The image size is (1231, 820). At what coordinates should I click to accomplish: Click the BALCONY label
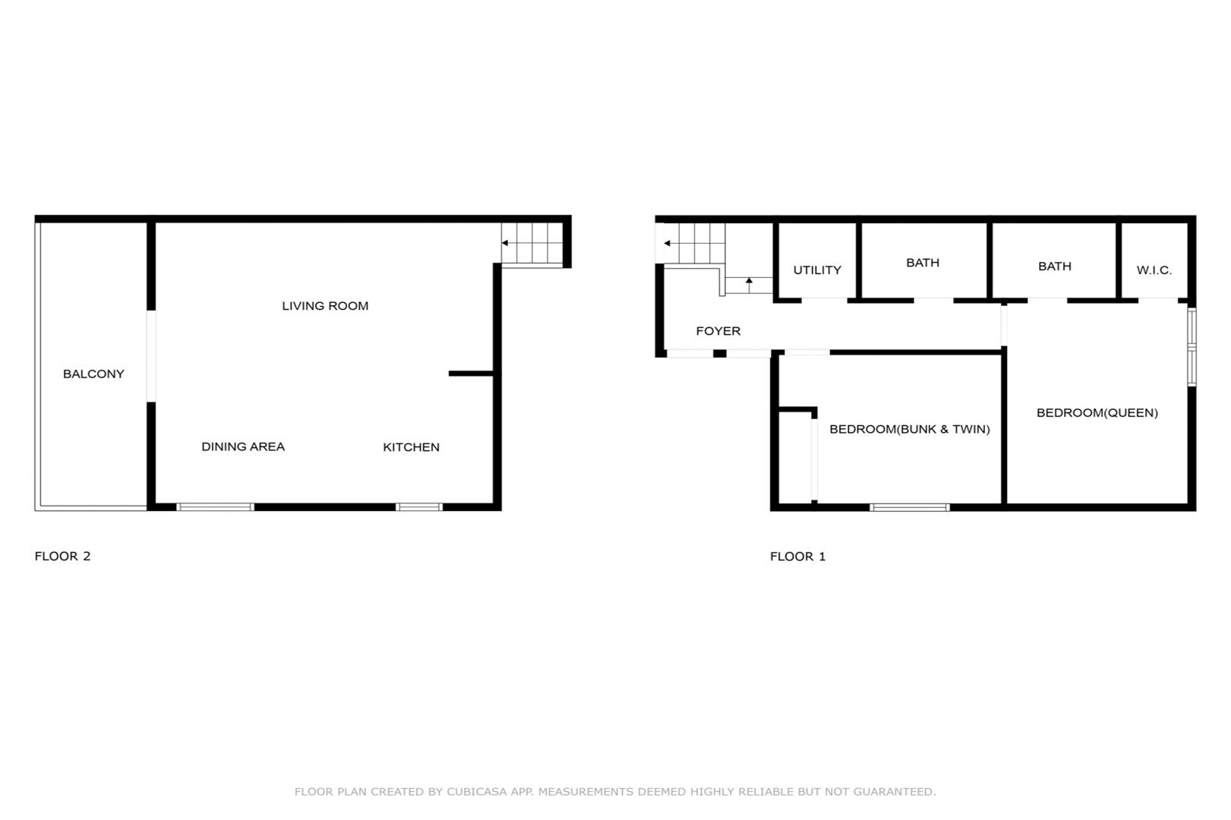point(93,374)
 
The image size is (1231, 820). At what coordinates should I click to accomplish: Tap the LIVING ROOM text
point(325,305)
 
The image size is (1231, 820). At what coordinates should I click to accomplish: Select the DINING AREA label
point(243,446)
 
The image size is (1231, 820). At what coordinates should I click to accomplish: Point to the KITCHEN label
point(411,446)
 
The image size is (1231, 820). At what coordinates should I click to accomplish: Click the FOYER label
point(718,331)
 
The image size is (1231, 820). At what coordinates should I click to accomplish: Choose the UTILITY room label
point(817,270)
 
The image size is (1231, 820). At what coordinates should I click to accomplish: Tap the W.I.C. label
point(1154,270)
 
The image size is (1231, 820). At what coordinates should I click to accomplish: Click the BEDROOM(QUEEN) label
point(1097,413)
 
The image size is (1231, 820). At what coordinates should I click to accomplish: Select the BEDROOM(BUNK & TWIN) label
point(910,429)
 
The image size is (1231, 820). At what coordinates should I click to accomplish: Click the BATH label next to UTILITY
point(923,263)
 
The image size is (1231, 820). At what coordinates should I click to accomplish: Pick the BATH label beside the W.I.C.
point(1055,266)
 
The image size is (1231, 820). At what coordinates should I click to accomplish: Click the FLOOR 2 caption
point(62,557)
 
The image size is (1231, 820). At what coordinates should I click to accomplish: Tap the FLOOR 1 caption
point(798,557)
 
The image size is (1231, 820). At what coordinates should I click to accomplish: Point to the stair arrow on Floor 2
point(532,243)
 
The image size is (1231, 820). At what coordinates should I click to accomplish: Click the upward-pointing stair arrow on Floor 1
point(749,285)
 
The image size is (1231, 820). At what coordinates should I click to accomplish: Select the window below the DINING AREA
point(215,506)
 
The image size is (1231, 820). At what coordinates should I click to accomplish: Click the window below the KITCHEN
point(418,506)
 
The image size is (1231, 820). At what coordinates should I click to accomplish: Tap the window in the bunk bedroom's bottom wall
point(910,507)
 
